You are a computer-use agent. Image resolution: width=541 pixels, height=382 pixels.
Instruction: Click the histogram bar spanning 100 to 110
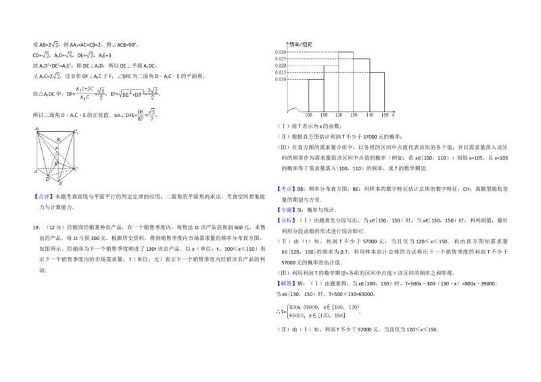coord(316,95)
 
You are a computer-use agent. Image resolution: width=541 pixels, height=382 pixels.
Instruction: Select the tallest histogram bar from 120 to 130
coord(346,81)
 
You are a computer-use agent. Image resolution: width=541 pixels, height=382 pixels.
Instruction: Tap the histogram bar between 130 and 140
coord(361,85)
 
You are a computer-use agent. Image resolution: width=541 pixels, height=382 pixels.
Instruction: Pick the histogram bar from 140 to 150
coord(377,91)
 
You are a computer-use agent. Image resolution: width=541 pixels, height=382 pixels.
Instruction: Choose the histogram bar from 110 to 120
coord(331,88)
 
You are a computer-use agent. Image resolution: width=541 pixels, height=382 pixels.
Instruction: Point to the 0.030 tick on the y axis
coord(280,52)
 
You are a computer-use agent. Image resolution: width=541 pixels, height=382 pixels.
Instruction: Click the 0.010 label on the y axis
coord(280,79)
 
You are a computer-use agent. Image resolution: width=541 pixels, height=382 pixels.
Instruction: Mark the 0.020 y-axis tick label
coord(280,66)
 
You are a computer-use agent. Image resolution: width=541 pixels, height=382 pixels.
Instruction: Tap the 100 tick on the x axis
coord(308,116)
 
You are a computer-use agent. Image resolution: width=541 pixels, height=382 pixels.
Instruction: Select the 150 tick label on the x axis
coord(384,116)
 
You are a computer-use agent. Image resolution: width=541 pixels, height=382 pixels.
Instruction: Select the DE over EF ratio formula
coord(145,114)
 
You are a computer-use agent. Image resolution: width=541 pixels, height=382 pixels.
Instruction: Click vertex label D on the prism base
coord(47,179)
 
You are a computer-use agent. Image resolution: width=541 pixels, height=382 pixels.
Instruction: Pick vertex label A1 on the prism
coord(37,128)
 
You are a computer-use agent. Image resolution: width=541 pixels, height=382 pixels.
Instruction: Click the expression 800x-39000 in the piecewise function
coord(304,308)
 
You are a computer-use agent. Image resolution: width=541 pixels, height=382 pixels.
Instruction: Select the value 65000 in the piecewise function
coord(298,316)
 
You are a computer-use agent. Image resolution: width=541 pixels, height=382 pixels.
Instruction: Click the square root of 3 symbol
coord(89,55)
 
